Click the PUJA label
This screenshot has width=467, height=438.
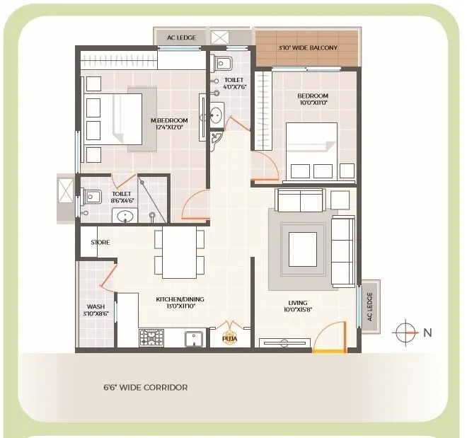(x=230, y=339)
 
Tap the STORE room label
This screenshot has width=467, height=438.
(x=100, y=243)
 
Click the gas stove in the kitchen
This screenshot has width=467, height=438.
(x=151, y=338)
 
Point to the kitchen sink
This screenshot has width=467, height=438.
(x=194, y=339)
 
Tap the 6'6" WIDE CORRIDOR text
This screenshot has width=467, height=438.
(x=146, y=387)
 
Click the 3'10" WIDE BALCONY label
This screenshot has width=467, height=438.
(x=308, y=47)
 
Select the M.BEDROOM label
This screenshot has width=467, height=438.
(x=169, y=120)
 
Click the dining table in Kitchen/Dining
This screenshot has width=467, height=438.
(x=180, y=252)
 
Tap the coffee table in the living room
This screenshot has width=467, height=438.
(x=303, y=249)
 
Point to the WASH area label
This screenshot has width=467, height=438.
(x=96, y=306)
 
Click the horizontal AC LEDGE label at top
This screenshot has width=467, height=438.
(x=181, y=38)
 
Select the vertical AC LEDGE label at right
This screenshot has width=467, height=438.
(x=370, y=306)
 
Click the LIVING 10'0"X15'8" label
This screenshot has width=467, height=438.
(x=298, y=306)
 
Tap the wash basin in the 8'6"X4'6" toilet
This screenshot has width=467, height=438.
(x=125, y=216)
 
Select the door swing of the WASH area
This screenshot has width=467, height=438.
(x=108, y=277)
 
